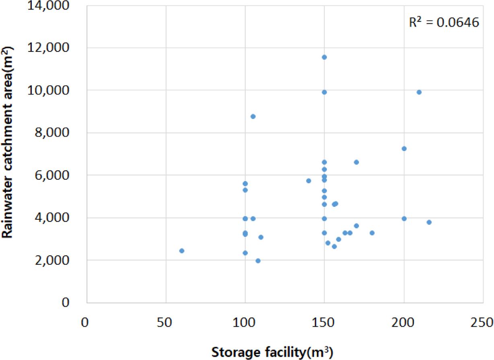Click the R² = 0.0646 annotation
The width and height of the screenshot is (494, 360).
[x=444, y=23]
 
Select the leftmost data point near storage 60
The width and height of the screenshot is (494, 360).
[x=182, y=251]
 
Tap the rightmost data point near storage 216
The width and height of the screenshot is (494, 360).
[x=429, y=222]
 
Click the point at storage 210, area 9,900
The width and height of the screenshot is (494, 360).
[x=419, y=92]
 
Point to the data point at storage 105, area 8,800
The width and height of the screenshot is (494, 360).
[x=253, y=116]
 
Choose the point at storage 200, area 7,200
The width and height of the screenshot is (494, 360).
[x=404, y=148]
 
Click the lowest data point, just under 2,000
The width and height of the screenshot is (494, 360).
[x=258, y=261]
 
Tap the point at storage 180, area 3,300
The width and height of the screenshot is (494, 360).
[x=372, y=233]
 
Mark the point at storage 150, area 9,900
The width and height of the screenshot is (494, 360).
[x=324, y=92]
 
